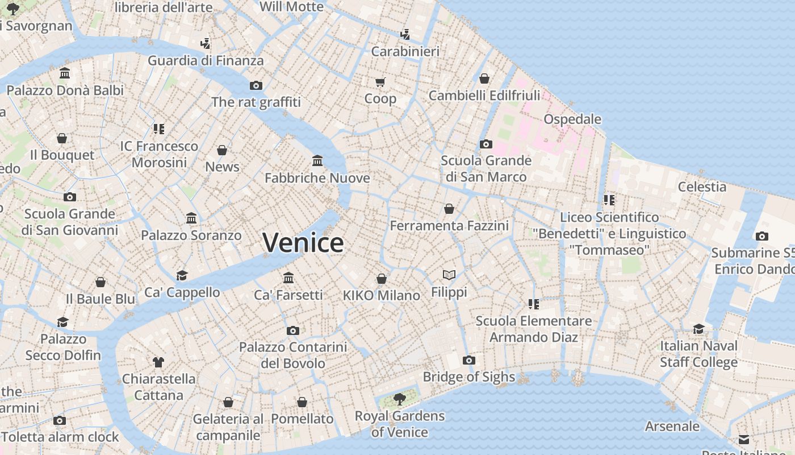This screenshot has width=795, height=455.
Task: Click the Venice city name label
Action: (x=303, y=243)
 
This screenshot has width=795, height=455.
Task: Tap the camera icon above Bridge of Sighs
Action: (x=468, y=360)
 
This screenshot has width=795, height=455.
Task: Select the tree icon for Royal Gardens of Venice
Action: (x=400, y=399)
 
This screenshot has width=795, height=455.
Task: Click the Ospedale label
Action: (x=572, y=119)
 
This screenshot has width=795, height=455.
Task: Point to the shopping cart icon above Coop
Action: (x=380, y=82)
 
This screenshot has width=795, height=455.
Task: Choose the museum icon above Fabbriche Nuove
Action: (x=317, y=161)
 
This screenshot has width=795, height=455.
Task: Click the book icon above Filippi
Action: (x=449, y=275)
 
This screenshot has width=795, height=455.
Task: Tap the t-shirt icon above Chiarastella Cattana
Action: (x=158, y=362)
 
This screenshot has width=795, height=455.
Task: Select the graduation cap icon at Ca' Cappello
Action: (x=182, y=275)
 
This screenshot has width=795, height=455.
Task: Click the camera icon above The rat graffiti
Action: (x=256, y=85)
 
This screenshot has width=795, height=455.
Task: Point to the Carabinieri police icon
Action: (x=405, y=35)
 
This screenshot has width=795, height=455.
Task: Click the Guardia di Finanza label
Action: (x=206, y=60)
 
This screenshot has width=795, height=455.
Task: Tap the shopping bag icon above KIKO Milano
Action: (x=382, y=279)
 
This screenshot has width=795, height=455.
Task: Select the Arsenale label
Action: (x=672, y=426)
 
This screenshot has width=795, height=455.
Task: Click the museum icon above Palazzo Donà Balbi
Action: (x=65, y=73)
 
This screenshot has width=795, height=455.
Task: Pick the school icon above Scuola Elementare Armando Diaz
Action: (x=533, y=304)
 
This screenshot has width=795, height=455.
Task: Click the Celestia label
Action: (x=702, y=187)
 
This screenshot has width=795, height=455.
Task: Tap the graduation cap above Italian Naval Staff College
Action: (x=698, y=329)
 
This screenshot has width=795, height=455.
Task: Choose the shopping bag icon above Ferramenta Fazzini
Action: (x=449, y=209)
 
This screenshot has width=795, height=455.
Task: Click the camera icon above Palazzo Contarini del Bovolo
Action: (x=293, y=330)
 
